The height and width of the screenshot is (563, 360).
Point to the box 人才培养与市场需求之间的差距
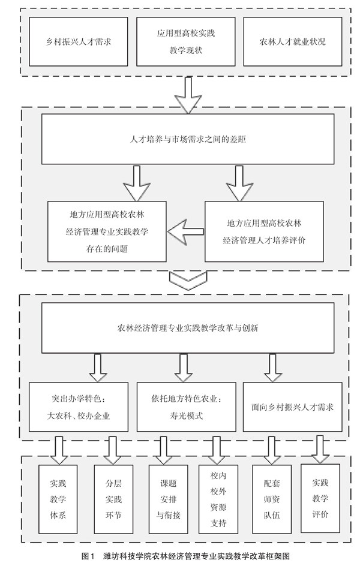[187, 138]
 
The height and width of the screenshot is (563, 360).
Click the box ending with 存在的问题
[107, 231]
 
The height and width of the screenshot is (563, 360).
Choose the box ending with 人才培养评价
[264, 231]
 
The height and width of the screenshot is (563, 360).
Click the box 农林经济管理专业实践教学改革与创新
[187, 327]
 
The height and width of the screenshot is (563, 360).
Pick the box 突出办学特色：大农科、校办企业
[79, 406]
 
